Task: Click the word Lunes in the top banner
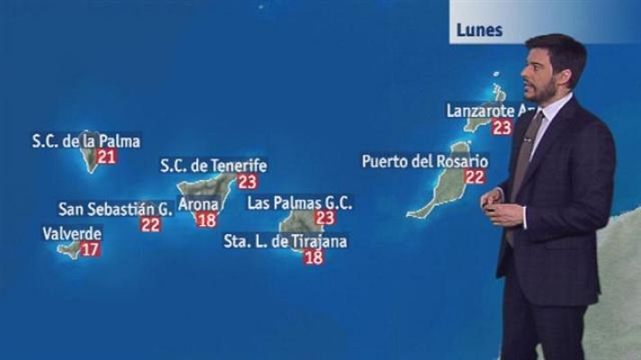pyautogui.click(x=479, y=29)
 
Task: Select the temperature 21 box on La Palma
pyautogui.click(x=107, y=157)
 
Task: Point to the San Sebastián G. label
pyautogui.click(x=115, y=209)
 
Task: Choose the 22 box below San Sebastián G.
pyautogui.click(x=150, y=225)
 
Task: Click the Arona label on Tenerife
pyautogui.click(x=198, y=203)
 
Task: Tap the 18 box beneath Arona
pyautogui.click(x=206, y=220)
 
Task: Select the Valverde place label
pyautogui.click(x=72, y=233)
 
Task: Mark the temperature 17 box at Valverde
pyautogui.click(x=89, y=248)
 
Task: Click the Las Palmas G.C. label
pyautogui.click(x=300, y=202)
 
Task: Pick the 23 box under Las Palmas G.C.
pyautogui.click(x=325, y=218)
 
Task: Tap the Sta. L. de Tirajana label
pyautogui.click(x=285, y=241)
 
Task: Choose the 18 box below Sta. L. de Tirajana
pyautogui.click(x=313, y=257)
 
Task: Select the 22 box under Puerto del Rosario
pyautogui.click(x=474, y=176)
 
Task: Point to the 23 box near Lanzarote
pyautogui.click(x=501, y=127)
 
